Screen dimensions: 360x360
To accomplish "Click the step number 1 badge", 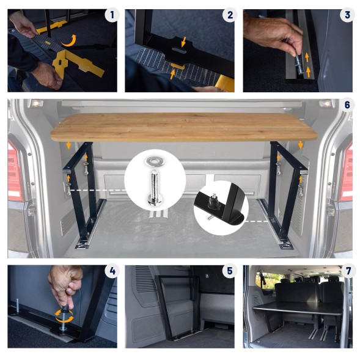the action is (112, 15).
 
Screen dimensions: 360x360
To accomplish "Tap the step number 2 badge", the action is (230, 15).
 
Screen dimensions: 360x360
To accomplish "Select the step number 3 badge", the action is (347, 15).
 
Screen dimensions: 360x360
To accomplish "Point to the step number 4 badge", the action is (112, 271).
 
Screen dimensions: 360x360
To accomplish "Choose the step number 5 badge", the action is (230, 271).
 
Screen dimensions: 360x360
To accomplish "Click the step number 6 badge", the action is (347, 105).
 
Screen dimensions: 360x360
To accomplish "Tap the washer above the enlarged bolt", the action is (153, 161).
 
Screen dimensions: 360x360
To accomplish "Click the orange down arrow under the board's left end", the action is (68, 145).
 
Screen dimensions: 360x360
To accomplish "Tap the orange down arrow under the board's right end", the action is (300, 145).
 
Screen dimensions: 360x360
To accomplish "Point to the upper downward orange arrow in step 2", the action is (184, 42).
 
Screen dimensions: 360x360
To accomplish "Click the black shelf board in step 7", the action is (298, 307).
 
